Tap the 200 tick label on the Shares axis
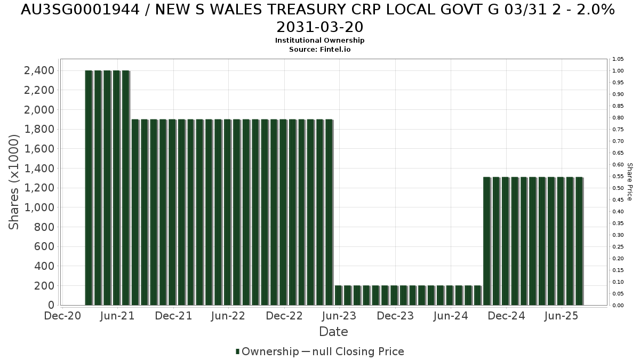tap(45, 286)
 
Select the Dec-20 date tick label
tap(62, 316)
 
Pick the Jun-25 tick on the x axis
tap(561, 316)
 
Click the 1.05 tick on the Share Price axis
tap(618, 59)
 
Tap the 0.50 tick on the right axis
tap(618, 188)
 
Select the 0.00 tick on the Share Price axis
tap(618, 306)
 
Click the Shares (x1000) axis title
tap(14, 182)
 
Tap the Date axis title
tap(333, 332)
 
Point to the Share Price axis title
tap(630, 182)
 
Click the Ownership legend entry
tap(267, 351)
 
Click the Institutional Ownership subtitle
tap(319, 41)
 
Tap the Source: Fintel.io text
tap(319, 49)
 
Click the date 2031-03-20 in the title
tap(319, 27)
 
